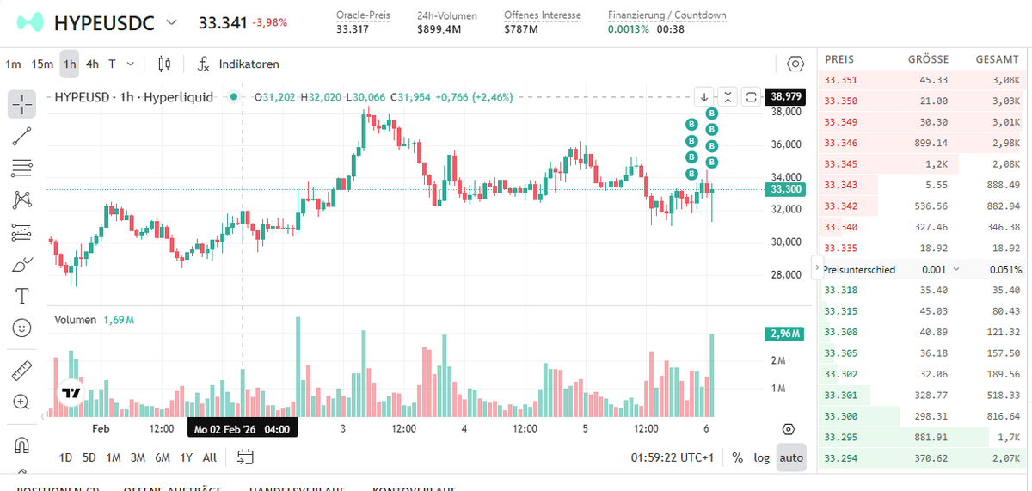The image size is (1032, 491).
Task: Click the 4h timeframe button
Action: coord(92,64)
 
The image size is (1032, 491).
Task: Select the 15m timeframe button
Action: coord(42,64)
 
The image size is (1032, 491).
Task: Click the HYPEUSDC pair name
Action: coord(104,23)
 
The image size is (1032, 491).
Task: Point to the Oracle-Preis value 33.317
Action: coord(351,29)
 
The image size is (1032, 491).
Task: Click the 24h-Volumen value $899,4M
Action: coord(439,29)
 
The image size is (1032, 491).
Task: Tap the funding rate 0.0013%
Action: coord(627,29)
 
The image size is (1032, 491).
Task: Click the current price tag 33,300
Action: coord(786,189)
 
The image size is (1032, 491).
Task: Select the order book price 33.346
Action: coord(840,144)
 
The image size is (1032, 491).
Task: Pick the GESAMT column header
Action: coord(998,59)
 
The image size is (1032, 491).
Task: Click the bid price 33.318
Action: coord(840,291)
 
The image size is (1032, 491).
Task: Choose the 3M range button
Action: coord(138,457)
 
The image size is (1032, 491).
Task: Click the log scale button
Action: coord(762,457)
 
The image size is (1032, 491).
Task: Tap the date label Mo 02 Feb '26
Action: coord(226,428)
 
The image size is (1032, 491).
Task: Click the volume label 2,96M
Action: coord(784,334)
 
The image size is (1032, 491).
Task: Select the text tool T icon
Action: coord(22,296)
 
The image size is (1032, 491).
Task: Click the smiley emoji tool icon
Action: coord(22,328)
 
